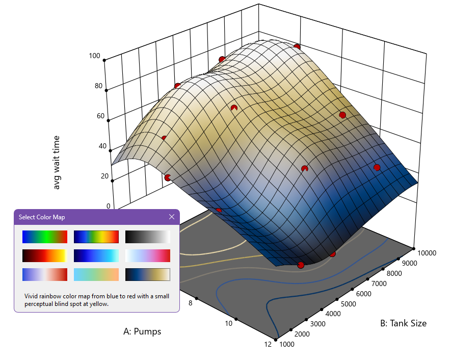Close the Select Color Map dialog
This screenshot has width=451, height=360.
click(172, 217)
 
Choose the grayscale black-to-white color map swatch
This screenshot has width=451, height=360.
click(147, 237)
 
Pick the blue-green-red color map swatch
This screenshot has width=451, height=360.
click(45, 237)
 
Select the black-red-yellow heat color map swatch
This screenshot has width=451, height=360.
click(45, 255)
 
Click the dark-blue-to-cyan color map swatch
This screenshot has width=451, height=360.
click(96, 255)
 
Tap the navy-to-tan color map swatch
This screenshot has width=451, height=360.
click(147, 274)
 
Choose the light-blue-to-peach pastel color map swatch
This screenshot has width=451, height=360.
click(96, 274)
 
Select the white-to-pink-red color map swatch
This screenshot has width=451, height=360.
click(147, 255)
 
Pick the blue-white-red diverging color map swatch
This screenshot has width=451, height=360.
click(45, 274)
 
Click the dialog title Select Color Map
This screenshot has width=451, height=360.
click(42, 217)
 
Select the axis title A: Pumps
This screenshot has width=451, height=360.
click(142, 331)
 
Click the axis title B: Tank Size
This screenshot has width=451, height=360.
click(403, 323)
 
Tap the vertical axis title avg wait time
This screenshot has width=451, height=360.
click(57, 162)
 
